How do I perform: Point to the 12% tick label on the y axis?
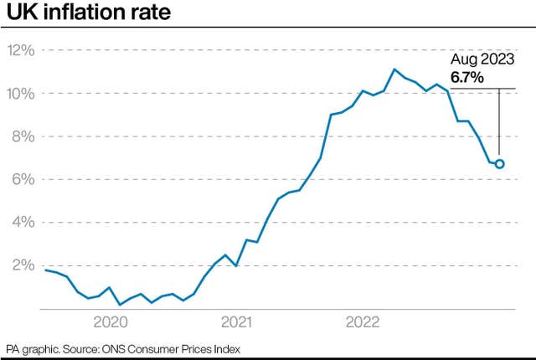click(21, 50)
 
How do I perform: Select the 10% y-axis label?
click(21, 93)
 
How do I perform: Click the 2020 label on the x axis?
click(110, 322)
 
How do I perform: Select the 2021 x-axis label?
click(237, 322)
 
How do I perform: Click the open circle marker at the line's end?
click(500, 164)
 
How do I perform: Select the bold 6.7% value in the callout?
click(466, 77)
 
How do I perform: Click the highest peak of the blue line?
click(394, 69)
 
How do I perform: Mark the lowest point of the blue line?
click(121, 304)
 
